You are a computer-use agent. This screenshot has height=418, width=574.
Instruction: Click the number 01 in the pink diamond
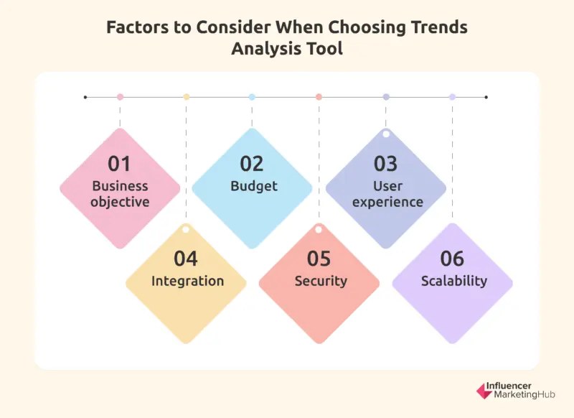[x=120, y=164]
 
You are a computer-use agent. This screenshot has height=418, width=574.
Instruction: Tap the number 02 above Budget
[x=252, y=164]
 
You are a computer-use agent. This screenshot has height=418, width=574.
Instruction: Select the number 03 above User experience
[x=385, y=164]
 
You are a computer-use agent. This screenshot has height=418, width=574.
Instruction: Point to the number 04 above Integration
[x=186, y=259]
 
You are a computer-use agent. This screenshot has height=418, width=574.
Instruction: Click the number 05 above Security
[x=319, y=259]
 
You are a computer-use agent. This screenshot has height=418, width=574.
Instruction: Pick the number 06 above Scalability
[x=452, y=259]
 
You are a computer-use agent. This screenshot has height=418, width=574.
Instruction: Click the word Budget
[x=253, y=186]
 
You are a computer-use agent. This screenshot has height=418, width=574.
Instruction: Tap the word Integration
[x=187, y=281]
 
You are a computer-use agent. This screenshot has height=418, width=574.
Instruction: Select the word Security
[x=321, y=281]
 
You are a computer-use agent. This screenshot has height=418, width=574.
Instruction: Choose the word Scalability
[x=453, y=281]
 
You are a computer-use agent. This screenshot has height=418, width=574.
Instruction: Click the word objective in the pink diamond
[x=120, y=202]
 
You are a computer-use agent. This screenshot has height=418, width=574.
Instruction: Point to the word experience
[x=387, y=202]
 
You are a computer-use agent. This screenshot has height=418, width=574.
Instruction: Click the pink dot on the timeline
[x=120, y=96]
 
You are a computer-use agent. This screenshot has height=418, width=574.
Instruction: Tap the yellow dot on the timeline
[x=187, y=96]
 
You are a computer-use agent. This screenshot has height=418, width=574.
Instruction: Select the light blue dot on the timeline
[x=252, y=96]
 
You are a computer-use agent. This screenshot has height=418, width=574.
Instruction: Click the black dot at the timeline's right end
[x=486, y=96]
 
